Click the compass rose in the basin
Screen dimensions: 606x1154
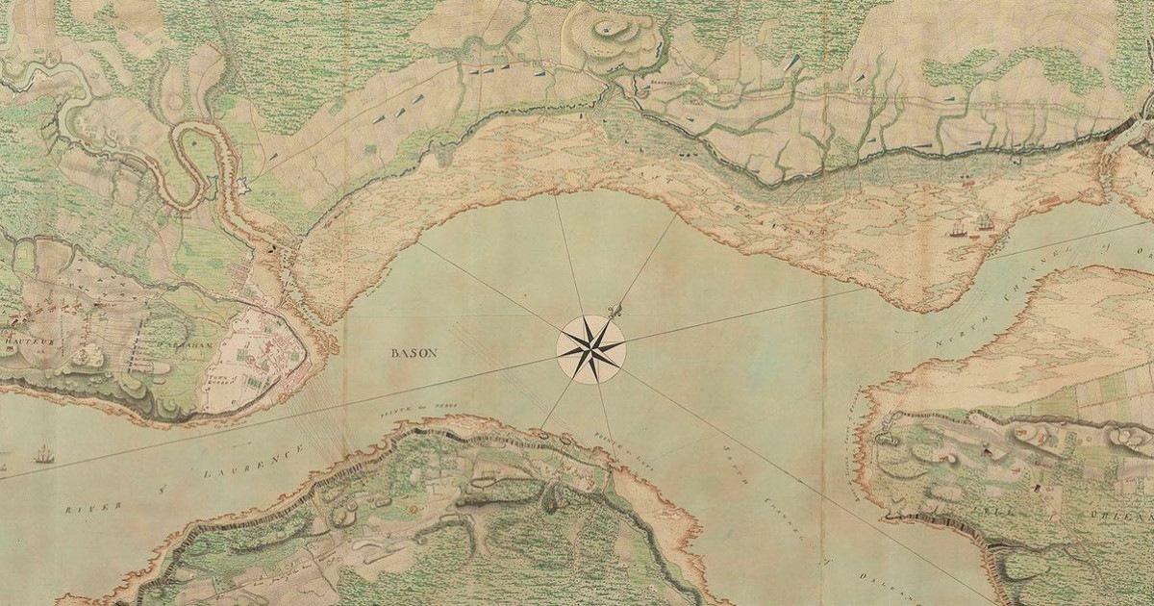(590, 347)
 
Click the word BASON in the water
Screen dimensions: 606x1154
(414, 353)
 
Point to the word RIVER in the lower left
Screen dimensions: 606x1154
(96, 507)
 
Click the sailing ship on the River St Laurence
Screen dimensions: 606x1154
(43, 453)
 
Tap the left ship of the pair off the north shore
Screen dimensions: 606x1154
(958, 229)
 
